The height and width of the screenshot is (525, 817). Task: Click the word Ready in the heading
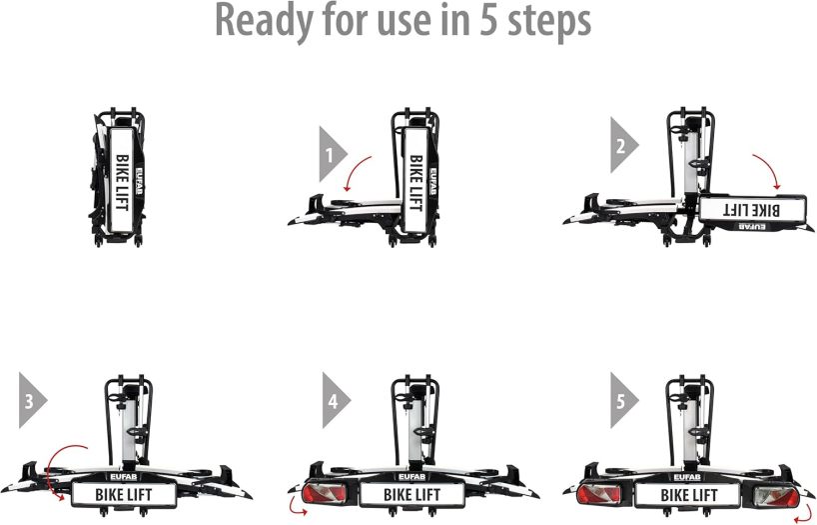click(264, 21)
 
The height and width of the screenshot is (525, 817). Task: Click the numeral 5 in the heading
click(488, 21)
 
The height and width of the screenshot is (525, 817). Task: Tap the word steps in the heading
click(549, 23)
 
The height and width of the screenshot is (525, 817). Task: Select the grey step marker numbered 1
click(333, 154)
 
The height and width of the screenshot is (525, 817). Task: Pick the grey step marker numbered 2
click(623, 145)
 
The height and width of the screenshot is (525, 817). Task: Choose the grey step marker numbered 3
click(32, 400)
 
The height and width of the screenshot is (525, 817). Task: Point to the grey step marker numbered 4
click(336, 400)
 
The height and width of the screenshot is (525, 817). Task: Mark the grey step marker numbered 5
click(623, 400)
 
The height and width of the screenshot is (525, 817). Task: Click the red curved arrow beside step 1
click(354, 170)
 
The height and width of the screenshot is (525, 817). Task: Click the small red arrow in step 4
click(296, 509)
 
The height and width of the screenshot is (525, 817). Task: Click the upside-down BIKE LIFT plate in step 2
click(752, 209)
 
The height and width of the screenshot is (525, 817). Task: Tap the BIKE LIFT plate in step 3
click(124, 495)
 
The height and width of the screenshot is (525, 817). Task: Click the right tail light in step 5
click(776, 496)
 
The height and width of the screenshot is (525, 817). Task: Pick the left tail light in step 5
click(600, 494)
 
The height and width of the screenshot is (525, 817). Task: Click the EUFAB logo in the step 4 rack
click(411, 476)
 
